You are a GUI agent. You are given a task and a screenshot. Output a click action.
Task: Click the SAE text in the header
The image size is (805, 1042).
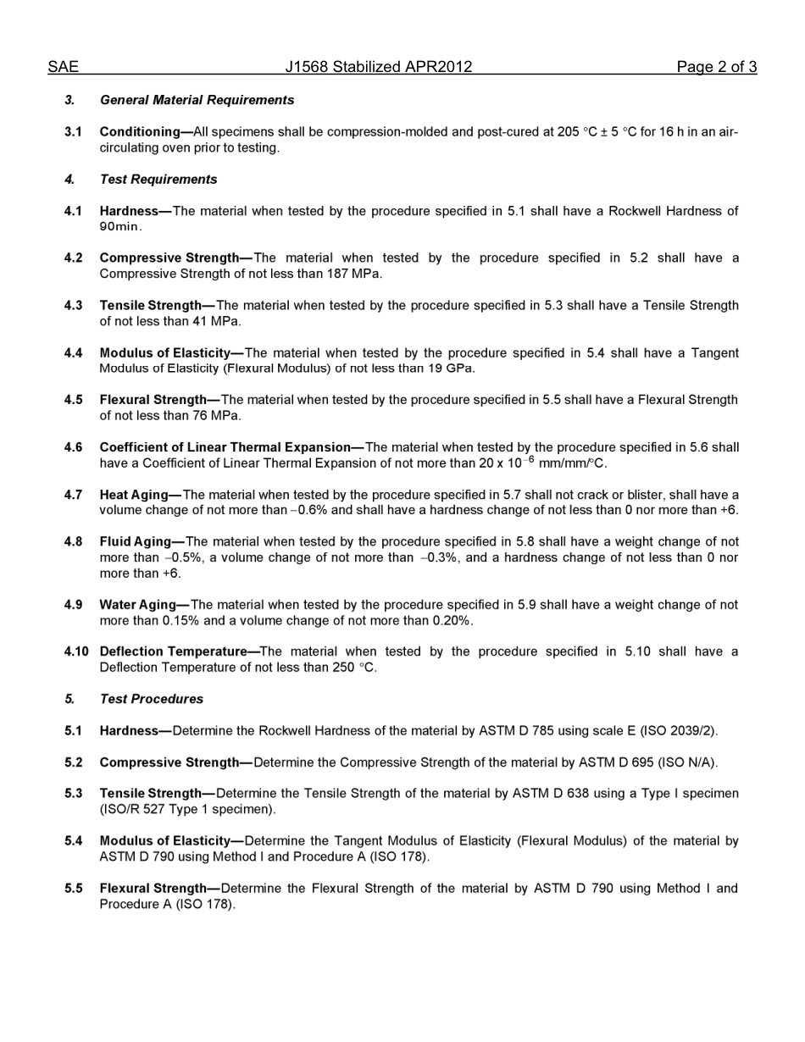click(63, 67)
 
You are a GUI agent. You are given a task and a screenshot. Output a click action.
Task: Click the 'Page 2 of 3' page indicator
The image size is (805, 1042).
click(716, 67)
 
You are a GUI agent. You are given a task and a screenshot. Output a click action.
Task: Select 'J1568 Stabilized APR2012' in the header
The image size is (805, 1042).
click(379, 67)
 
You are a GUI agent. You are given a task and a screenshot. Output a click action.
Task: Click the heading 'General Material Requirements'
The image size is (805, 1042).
click(197, 100)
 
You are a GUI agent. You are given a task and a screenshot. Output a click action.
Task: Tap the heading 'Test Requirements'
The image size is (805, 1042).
click(158, 180)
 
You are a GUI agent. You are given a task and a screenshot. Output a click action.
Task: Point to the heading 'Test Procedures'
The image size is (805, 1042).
click(152, 699)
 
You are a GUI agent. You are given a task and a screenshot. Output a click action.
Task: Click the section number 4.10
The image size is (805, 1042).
click(76, 651)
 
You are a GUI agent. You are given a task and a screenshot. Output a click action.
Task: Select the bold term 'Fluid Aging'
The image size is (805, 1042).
click(136, 541)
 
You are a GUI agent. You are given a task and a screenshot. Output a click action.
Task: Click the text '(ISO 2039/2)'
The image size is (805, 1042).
click(680, 730)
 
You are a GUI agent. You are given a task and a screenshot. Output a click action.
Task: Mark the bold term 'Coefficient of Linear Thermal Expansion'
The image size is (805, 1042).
click(225, 447)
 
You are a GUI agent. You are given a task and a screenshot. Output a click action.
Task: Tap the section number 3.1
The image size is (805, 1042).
click(73, 132)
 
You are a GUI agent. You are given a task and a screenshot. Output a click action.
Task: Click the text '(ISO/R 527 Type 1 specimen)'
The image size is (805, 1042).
click(187, 809)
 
